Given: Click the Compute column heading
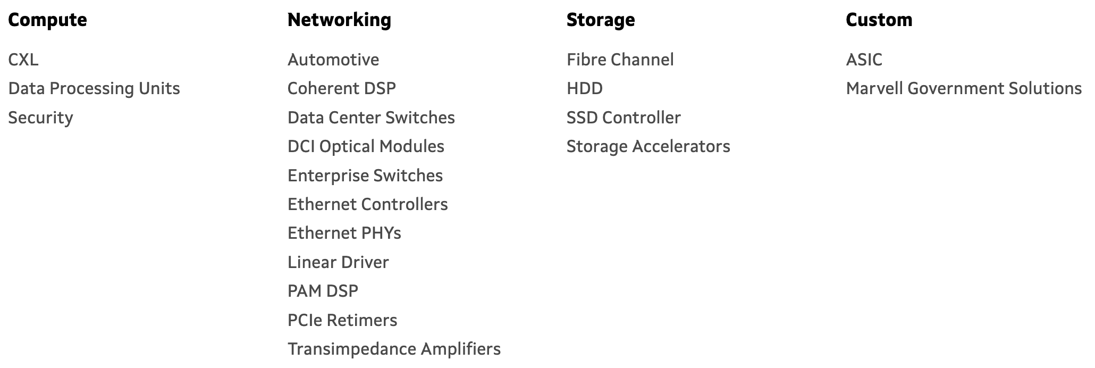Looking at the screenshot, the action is coord(47,20).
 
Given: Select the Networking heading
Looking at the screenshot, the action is coord(339,20).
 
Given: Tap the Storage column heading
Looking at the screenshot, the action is coord(600,20).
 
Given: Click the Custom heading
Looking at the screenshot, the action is coord(879,20).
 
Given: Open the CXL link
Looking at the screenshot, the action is coord(23,60).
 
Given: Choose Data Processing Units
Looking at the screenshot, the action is coord(94,88).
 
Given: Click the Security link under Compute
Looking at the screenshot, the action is coord(40,118).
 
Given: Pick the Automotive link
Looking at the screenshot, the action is coord(333,60).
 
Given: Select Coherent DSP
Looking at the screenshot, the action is coord(341,88).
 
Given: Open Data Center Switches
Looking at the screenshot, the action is coord(371,118).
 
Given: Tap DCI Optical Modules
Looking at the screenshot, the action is coord(366,146).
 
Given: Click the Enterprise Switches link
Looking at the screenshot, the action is coord(365,175).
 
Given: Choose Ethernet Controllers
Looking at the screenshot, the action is coord(367,204).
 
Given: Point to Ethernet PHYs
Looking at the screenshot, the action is coord(344,233).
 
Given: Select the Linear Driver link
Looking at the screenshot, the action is coord(338,262).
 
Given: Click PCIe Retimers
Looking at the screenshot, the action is coord(342,320).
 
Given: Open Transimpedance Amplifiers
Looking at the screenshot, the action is coord(394,349).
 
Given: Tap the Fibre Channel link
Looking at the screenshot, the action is coord(620,60).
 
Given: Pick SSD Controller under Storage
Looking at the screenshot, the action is coord(624,118).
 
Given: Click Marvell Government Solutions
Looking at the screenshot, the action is coord(964,88).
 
